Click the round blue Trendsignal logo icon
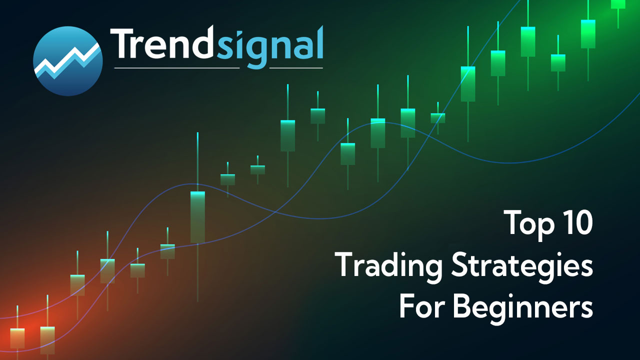coord(68,61)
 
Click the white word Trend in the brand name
coord(162,43)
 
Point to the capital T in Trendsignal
coord(123,43)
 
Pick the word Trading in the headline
coord(389,266)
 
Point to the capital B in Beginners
coord(462,307)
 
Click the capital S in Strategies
coord(460,264)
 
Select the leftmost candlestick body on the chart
coord(17,338)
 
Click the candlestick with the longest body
coord(197,217)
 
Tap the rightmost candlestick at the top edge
coord(618,4)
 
